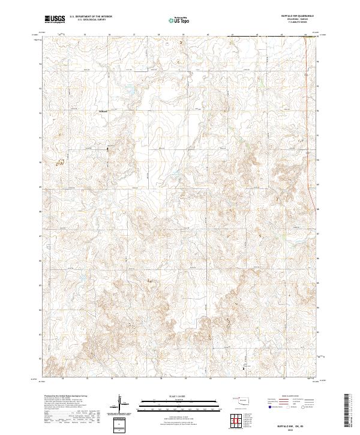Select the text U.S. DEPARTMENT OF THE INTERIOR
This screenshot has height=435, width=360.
[x=91, y=17]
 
